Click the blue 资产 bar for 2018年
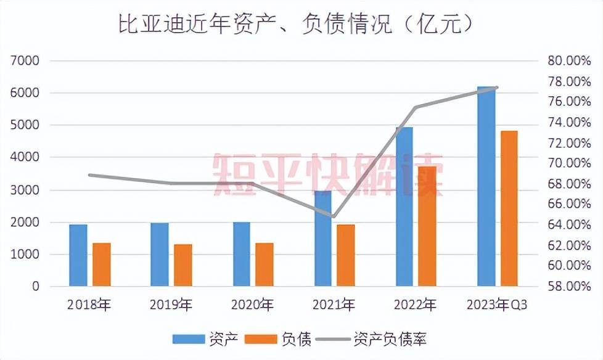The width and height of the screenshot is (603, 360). pos(78,255)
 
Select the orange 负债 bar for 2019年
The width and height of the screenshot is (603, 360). pos(183,265)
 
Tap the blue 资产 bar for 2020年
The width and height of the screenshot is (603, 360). pos(242,254)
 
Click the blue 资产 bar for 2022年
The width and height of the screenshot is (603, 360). pos(404,207)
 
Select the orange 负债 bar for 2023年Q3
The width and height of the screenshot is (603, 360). pos(509,208)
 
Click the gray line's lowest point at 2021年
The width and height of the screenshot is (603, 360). pos(334,216)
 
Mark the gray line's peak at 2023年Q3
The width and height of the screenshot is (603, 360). pos(497,88)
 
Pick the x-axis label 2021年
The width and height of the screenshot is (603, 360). pos(334,305)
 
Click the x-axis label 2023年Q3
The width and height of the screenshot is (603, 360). pos(497,305)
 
